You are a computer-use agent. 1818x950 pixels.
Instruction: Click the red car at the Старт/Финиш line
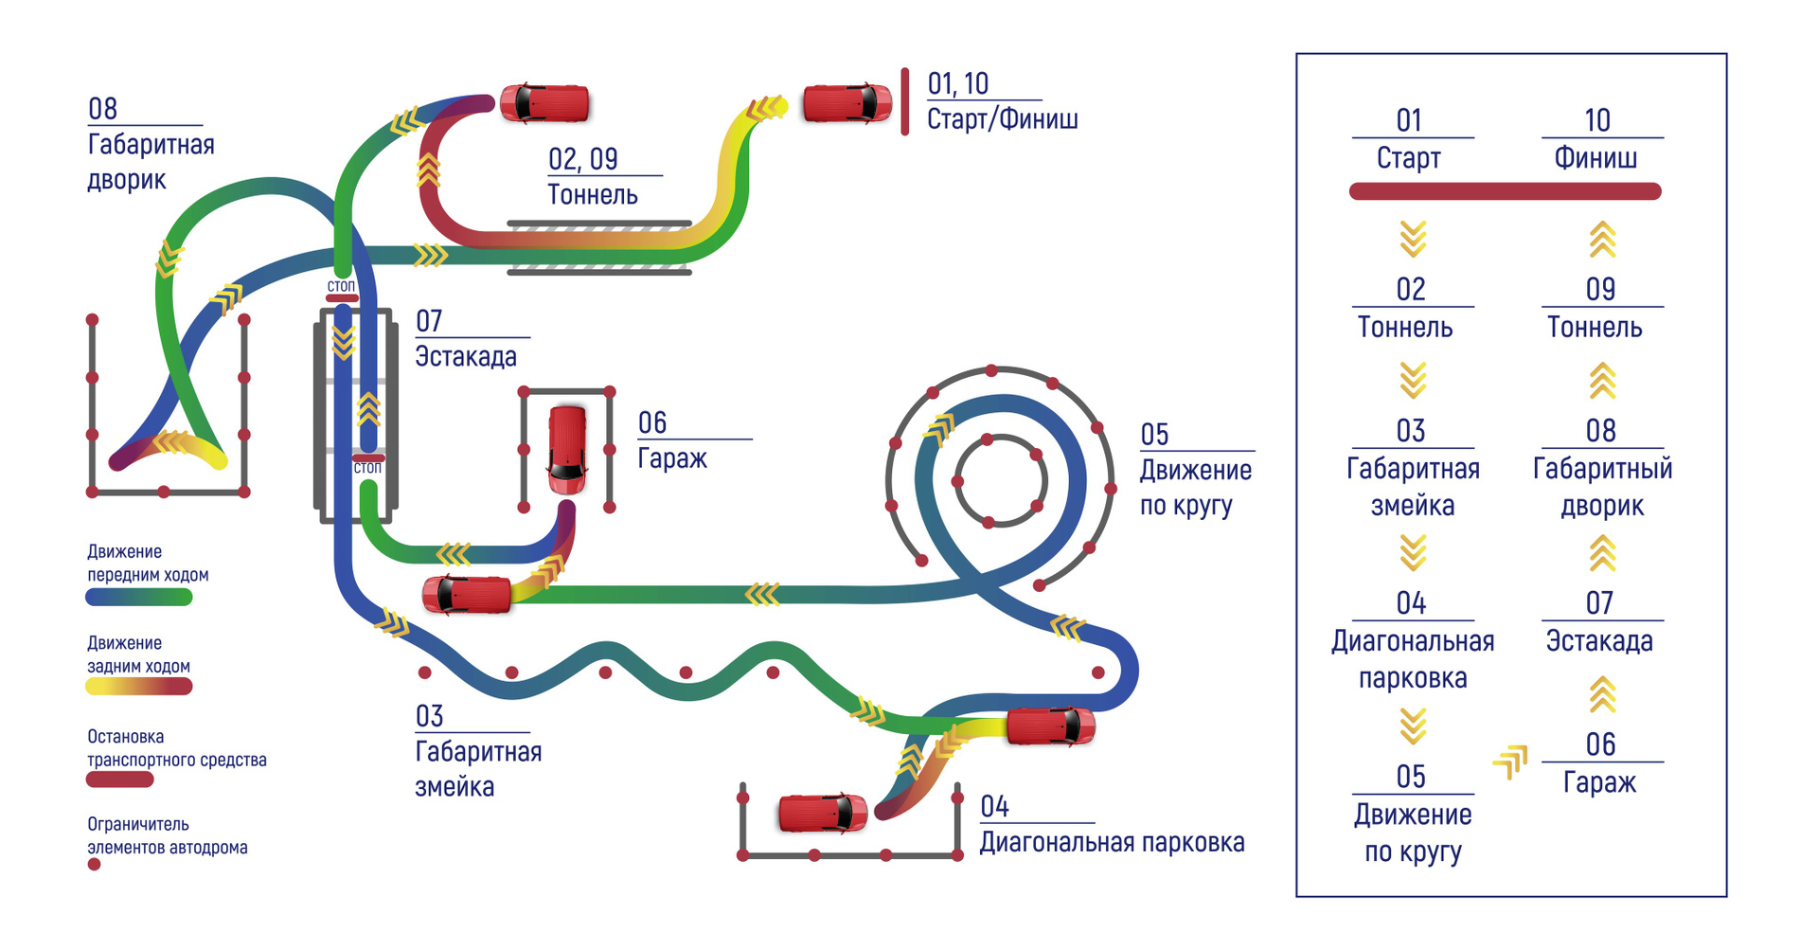coord(847,103)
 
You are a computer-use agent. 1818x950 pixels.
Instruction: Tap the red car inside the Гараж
coord(567,449)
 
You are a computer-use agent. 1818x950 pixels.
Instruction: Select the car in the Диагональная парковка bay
coord(822,814)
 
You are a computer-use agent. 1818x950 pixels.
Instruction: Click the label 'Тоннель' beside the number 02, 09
coord(593,195)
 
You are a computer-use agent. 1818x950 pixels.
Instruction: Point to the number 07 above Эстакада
coord(429,321)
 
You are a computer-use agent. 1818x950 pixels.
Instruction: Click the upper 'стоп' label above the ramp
coord(341,286)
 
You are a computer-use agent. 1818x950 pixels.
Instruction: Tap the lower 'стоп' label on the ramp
coord(367,468)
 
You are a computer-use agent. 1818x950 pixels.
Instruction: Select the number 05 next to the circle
coord(1154,435)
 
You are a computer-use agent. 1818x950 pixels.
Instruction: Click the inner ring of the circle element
coord(1001,440)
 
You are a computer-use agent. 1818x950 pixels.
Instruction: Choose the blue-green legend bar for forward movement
coord(139,598)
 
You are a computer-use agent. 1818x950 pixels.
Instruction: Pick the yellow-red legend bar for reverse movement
coord(139,688)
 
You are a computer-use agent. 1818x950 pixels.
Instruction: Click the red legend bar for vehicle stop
coord(119,780)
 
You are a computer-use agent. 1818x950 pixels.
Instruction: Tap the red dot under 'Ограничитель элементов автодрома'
coord(94,865)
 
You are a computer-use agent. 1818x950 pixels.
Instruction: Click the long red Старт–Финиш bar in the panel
coord(1505,191)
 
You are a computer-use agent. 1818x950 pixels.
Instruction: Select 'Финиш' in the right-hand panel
coord(1595,158)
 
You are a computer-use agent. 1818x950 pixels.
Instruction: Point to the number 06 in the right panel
coord(1600,744)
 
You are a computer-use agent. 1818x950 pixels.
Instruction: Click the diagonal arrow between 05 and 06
coord(1511,761)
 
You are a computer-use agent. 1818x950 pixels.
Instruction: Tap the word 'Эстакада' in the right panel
coord(1599,641)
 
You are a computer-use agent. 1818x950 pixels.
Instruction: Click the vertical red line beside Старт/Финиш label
coord(905,102)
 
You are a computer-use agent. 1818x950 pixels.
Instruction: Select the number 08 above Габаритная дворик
coord(102,109)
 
